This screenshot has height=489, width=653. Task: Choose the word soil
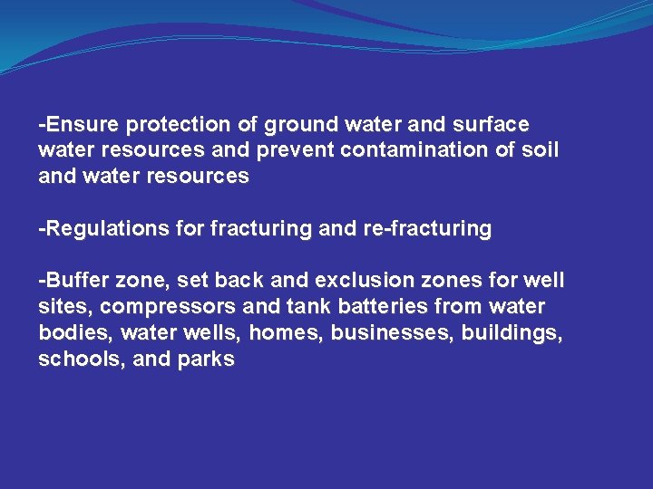pyautogui.click(x=541, y=149)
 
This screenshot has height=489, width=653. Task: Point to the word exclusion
pyautogui.click(x=361, y=282)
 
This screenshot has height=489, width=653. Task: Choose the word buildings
pyautogui.click(x=512, y=333)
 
